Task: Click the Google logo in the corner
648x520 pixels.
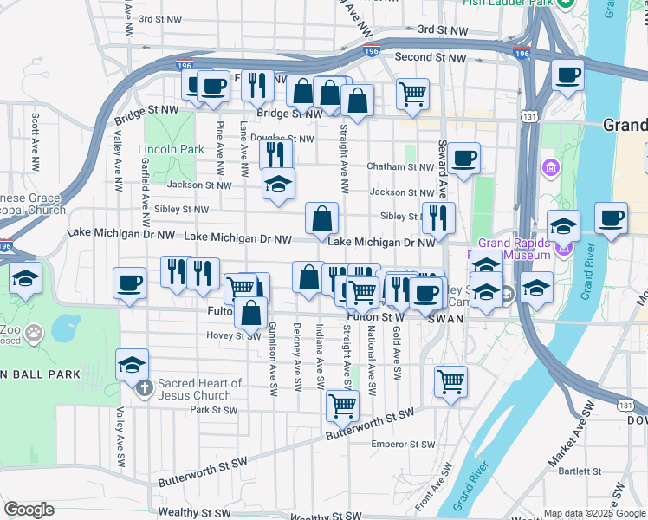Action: pos(29,510)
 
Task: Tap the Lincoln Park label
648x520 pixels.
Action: pos(172,149)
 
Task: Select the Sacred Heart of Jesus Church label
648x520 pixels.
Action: pos(200,389)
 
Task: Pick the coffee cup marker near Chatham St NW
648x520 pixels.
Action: pos(463,158)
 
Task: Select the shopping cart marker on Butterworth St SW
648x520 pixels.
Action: pos(343,404)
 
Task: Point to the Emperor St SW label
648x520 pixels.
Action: pos(402,444)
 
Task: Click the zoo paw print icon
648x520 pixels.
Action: pos(34,332)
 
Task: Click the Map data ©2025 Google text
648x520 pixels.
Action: pos(594,513)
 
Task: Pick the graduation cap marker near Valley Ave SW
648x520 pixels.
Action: pos(132,364)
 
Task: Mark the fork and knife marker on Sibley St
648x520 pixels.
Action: pos(438,218)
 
